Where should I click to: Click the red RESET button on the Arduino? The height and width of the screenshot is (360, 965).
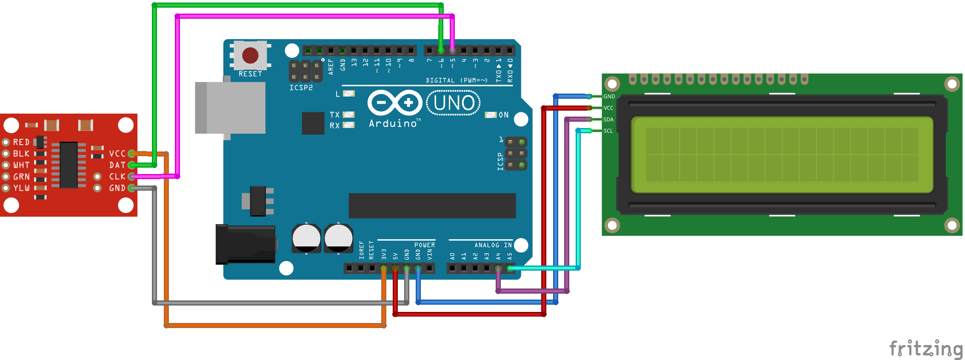(250, 55)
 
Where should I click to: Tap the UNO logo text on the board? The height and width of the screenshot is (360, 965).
(454, 103)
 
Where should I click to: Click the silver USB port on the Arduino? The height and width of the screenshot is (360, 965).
(230, 108)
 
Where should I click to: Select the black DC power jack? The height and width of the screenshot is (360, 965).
(245, 244)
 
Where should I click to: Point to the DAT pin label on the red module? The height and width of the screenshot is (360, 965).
(117, 165)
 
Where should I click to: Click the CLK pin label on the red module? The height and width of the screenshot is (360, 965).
(117, 177)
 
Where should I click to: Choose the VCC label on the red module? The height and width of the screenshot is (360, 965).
(117, 154)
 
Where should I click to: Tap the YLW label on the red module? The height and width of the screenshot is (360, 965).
(22, 188)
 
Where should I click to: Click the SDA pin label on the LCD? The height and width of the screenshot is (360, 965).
(608, 120)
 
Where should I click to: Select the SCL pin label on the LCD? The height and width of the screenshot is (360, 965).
(608, 131)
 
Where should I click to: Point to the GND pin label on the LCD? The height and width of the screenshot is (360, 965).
(609, 97)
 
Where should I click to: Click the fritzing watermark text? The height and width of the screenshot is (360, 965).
(925, 349)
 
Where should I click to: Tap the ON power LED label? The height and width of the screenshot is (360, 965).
(503, 115)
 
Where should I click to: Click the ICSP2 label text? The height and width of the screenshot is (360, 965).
(301, 88)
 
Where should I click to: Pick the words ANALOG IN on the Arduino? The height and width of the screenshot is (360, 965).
(493, 245)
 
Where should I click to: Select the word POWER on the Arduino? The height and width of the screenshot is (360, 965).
(425, 245)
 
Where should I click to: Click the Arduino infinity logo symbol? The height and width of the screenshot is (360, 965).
(394, 103)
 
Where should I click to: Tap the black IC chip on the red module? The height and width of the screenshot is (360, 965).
(69, 165)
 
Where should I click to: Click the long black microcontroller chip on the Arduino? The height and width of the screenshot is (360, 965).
(432, 206)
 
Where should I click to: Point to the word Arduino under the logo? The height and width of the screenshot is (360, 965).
(393, 124)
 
